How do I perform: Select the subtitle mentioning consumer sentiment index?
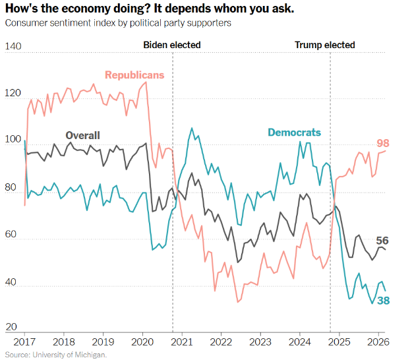[117, 23]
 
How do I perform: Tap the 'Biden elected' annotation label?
[172, 45]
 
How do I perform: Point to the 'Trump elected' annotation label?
[324, 45]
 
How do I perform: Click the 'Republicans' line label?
[134, 75]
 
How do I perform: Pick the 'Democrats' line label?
[294, 132]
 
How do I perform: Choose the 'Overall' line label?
[82, 136]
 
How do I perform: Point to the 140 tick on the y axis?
[13, 46]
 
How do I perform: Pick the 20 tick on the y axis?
[11, 327]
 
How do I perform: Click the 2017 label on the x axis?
[24, 343]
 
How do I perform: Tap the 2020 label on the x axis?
[142, 343]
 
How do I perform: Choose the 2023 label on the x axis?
[260, 343]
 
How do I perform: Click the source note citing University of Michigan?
[55, 355]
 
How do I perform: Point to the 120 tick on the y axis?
[13, 94]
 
